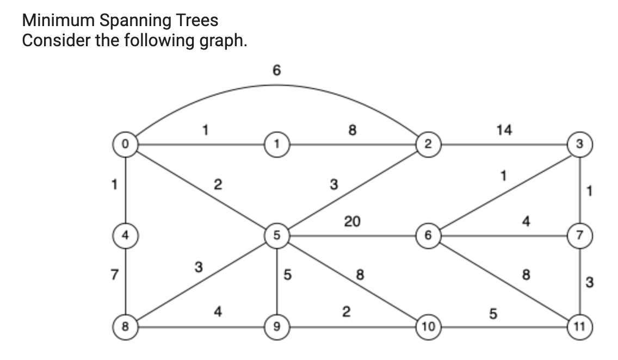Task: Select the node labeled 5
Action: (x=277, y=236)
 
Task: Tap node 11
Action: (x=580, y=327)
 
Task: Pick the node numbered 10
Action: (x=428, y=327)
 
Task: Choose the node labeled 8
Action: (x=125, y=327)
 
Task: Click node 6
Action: (x=428, y=236)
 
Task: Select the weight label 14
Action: (x=504, y=131)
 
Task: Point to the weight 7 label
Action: (x=114, y=275)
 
